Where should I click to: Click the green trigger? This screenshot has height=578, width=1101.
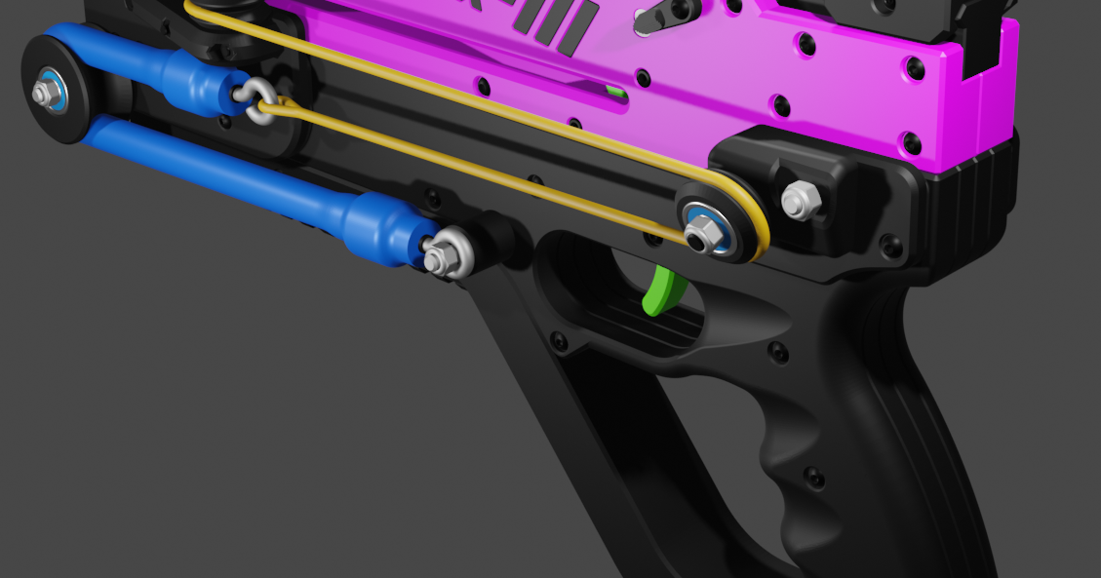tap(663, 291)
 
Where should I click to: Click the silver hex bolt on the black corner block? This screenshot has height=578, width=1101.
tap(800, 201)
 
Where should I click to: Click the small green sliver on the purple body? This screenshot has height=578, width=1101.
tap(614, 93)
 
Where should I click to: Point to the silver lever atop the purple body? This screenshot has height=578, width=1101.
tap(663, 15)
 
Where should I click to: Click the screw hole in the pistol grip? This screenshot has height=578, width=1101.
tap(814, 478)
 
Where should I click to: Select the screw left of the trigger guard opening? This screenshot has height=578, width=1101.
tap(558, 341)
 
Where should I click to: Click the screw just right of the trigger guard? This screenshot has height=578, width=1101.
tap(777, 351)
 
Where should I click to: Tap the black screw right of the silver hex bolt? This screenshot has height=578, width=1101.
tap(889, 245)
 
